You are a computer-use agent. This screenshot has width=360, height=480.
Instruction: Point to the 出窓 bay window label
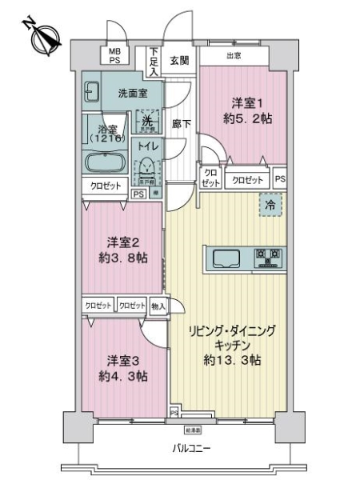click(234, 55)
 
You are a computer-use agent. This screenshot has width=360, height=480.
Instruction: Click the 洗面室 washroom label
click(133, 93)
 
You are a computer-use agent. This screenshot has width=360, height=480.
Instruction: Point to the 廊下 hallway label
click(181, 124)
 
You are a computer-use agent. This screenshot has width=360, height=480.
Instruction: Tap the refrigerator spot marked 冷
click(270, 206)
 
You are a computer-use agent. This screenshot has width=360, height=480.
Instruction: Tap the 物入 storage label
click(158, 306)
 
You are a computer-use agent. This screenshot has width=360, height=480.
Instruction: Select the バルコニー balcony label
click(190, 449)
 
